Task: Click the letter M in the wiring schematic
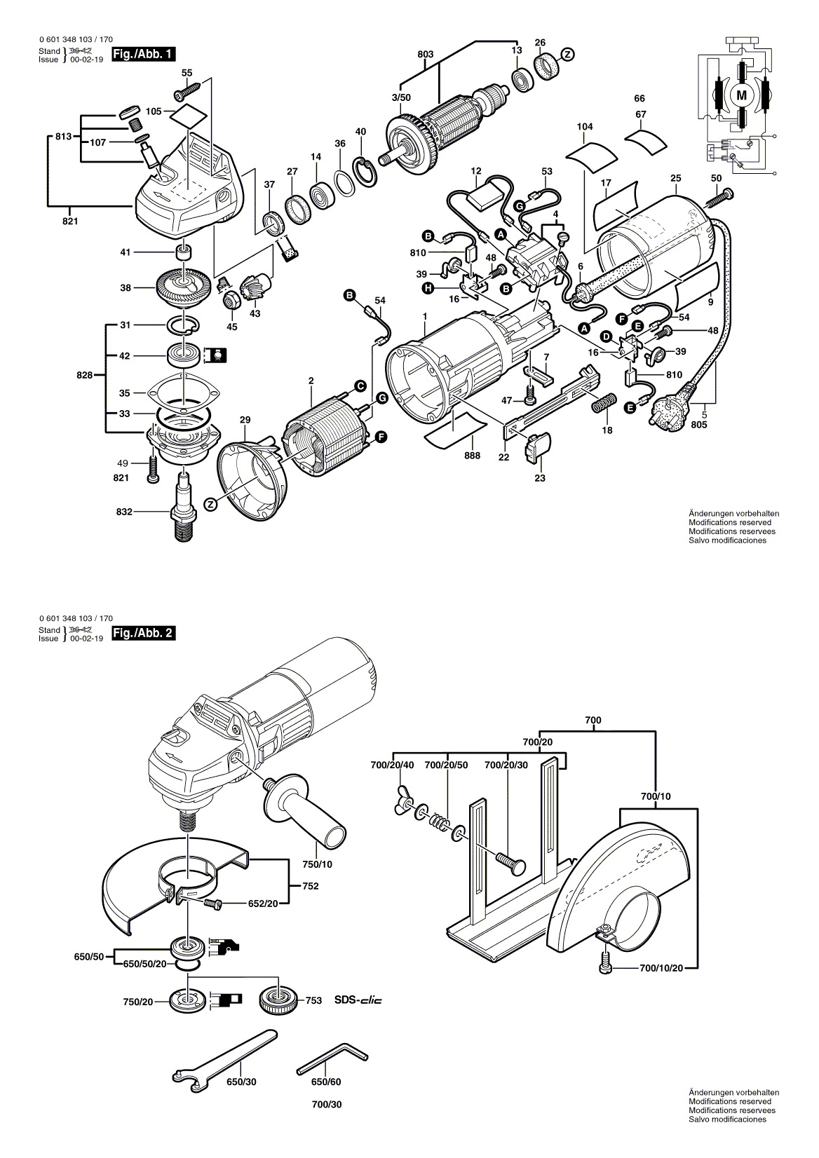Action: point(741,95)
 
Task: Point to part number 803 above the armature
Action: point(426,54)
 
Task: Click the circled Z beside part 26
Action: point(567,55)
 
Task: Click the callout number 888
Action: point(472,456)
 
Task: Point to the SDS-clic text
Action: point(358,1000)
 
